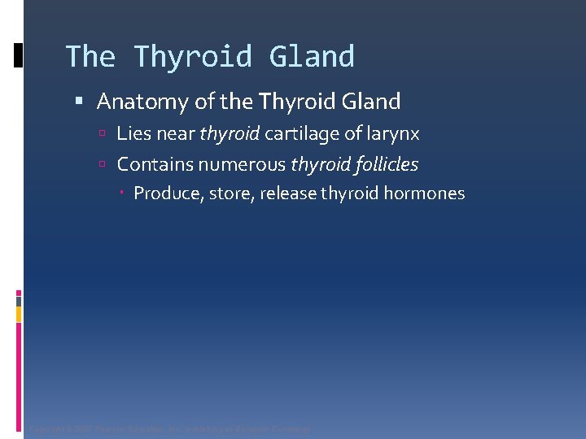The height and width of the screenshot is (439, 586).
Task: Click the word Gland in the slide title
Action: [x=313, y=57]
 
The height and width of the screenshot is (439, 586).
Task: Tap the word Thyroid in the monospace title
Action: [x=193, y=57]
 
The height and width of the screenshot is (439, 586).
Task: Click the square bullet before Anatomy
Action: [x=79, y=102]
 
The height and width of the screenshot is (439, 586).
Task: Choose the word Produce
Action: [x=166, y=193]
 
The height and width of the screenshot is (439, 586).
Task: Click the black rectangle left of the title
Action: [x=19, y=55]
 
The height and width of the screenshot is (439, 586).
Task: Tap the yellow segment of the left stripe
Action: [x=19, y=314]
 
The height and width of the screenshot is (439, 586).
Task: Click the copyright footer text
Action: [x=169, y=428]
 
